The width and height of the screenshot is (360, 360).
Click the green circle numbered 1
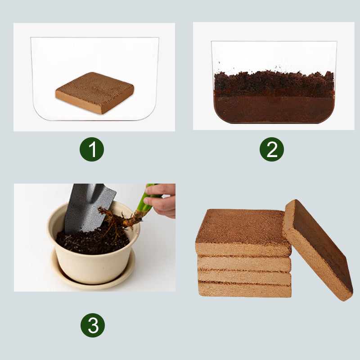92,150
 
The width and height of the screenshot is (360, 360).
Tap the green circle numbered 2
272,150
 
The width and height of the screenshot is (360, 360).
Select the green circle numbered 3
93,325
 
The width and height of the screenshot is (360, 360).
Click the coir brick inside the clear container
94,92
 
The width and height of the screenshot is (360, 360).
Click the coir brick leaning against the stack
317,250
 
